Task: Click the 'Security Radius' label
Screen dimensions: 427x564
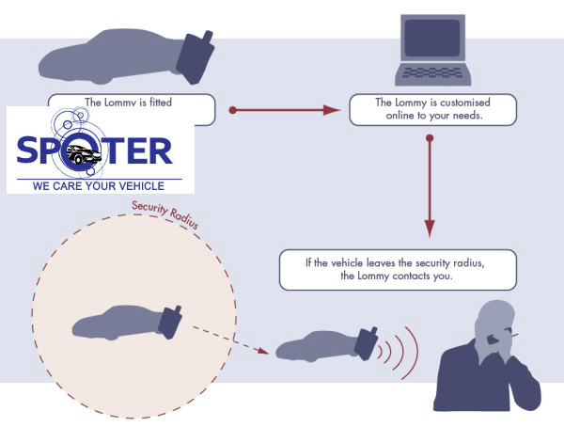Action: coord(164,215)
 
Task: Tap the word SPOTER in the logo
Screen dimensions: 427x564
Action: coord(94,150)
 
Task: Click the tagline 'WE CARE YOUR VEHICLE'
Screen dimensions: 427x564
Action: coord(99,186)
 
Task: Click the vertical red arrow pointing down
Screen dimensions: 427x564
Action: coord(430,188)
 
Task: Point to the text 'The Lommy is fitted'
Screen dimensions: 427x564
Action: coord(128,103)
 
